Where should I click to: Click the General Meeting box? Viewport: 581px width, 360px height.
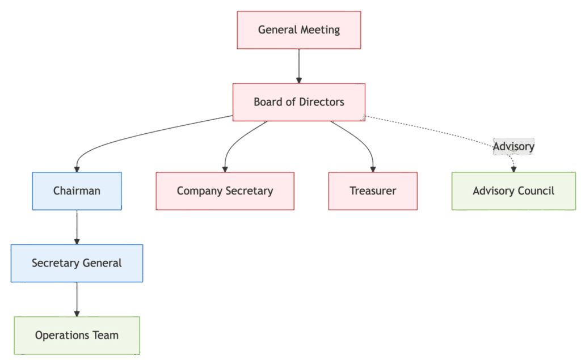(x=299, y=30)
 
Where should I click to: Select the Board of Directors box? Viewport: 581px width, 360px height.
(x=299, y=102)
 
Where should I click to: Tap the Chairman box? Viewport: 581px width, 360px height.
(x=77, y=191)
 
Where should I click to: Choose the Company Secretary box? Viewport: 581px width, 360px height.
(x=225, y=191)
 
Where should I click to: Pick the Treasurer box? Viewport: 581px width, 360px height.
(x=373, y=191)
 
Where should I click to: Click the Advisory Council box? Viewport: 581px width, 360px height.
(x=513, y=191)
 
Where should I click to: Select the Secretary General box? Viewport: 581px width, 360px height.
(x=77, y=263)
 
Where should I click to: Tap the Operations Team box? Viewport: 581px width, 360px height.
(x=77, y=335)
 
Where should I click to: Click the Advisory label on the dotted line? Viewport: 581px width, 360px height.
(x=513, y=147)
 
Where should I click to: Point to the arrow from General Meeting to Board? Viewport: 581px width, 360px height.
(x=299, y=65)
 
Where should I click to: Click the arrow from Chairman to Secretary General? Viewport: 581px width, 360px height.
(x=77, y=227)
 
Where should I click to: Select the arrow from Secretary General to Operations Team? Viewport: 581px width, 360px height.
(x=77, y=299)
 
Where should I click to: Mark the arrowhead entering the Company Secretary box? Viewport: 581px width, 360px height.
(x=225, y=168)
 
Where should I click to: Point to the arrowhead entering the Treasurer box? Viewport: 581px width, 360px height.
(x=373, y=168)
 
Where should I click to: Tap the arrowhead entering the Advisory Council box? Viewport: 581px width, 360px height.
(x=513, y=168)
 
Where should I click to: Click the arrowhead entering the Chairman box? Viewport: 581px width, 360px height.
(x=77, y=168)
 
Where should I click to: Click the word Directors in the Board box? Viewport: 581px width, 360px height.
(x=322, y=102)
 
